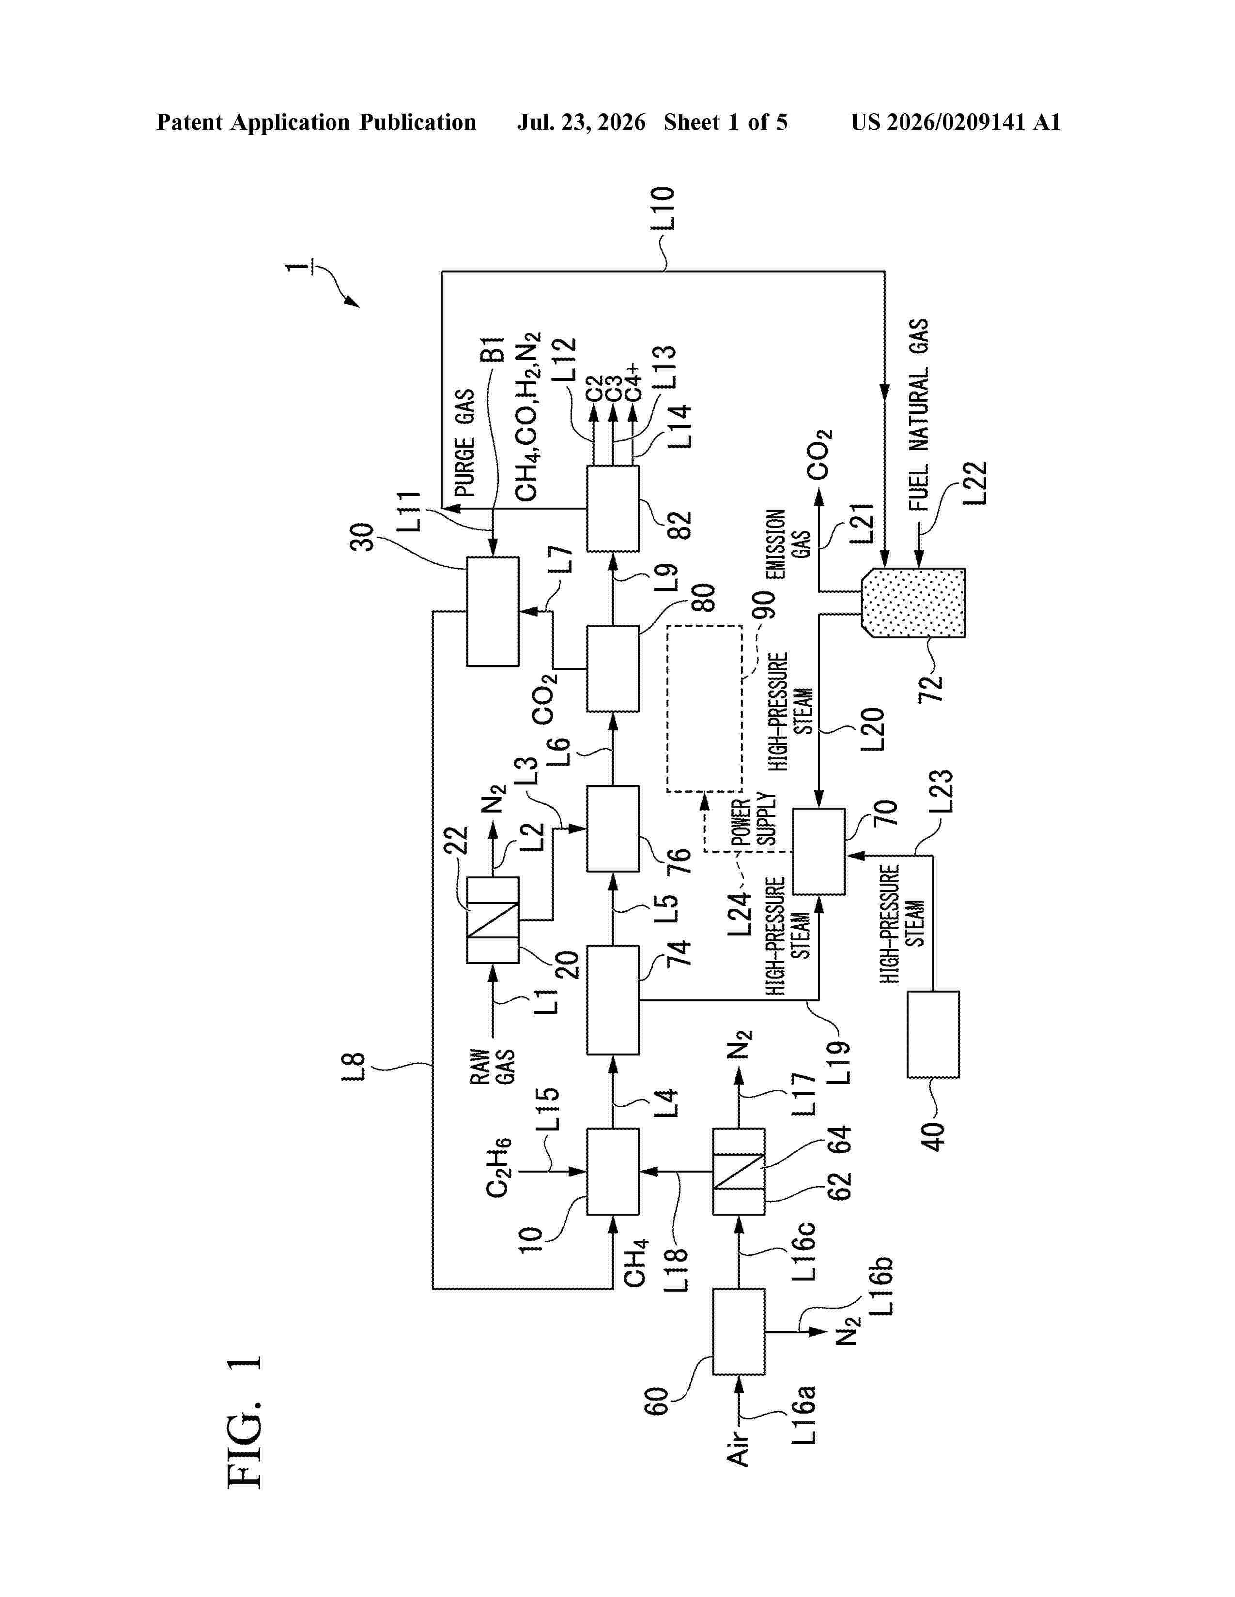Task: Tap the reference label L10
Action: point(662,209)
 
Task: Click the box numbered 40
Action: point(933,1034)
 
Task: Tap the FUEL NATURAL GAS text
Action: point(918,415)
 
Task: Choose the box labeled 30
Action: point(493,611)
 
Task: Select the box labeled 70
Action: point(818,851)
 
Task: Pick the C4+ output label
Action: point(632,382)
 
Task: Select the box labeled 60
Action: point(739,1331)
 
